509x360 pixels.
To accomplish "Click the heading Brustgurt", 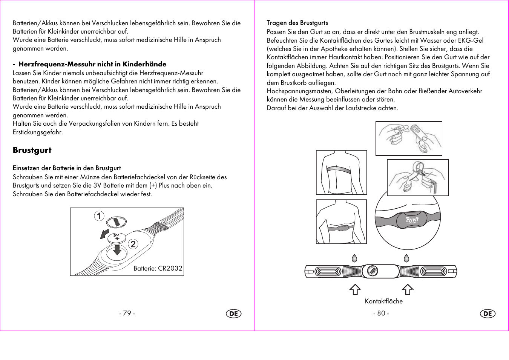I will click(x=32, y=150).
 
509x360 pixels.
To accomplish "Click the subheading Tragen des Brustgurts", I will click(x=297, y=23).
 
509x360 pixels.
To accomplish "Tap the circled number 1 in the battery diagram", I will click(x=99, y=216).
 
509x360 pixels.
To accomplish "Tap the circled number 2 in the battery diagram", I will click(x=133, y=244).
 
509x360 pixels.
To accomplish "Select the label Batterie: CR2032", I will click(x=158, y=268).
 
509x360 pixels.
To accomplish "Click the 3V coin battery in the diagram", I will click(x=117, y=238).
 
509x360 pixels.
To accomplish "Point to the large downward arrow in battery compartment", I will click(x=117, y=250).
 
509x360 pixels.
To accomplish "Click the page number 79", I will click(x=127, y=313).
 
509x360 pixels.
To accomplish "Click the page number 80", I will click(x=381, y=313).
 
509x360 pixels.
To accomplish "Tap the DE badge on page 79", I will click(x=234, y=314).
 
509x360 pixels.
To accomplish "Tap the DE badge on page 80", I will click(x=488, y=314).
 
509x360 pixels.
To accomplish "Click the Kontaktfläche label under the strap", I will click(x=383, y=301).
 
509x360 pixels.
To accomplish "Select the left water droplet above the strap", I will click(x=354, y=258).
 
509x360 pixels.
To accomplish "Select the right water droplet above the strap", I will click(x=406, y=258).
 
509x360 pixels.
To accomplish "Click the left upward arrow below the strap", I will click(x=355, y=289).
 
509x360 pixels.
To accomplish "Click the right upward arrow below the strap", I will click(x=407, y=289).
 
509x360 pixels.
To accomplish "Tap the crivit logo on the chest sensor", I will click(x=412, y=220).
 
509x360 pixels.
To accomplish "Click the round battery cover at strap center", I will click(x=373, y=271).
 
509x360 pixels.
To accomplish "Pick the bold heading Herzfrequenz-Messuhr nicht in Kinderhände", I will click(x=92, y=64).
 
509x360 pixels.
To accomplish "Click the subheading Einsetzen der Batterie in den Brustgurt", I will click(x=67, y=168).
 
